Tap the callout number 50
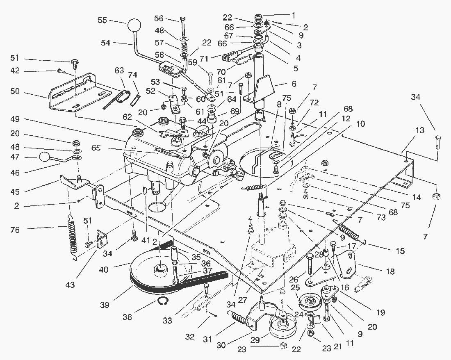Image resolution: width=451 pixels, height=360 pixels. [15, 92]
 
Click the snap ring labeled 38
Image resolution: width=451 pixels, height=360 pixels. [163, 302]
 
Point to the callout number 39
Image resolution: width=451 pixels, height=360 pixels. [105, 305]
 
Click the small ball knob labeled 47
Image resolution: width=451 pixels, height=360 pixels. [44, 157]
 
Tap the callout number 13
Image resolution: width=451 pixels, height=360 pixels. [420, 130]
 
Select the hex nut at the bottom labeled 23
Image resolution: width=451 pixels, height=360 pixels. [283, 346]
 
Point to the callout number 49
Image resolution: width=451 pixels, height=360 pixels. [15, 119]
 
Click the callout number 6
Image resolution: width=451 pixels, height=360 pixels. [294, 84]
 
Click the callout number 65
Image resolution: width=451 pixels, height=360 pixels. [96, 148]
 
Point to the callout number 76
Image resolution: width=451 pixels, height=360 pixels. [15, 230]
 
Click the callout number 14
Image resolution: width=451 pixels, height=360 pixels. [417, 197]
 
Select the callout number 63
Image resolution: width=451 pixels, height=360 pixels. [119, 70]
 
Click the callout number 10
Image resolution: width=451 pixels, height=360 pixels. [360, 124]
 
